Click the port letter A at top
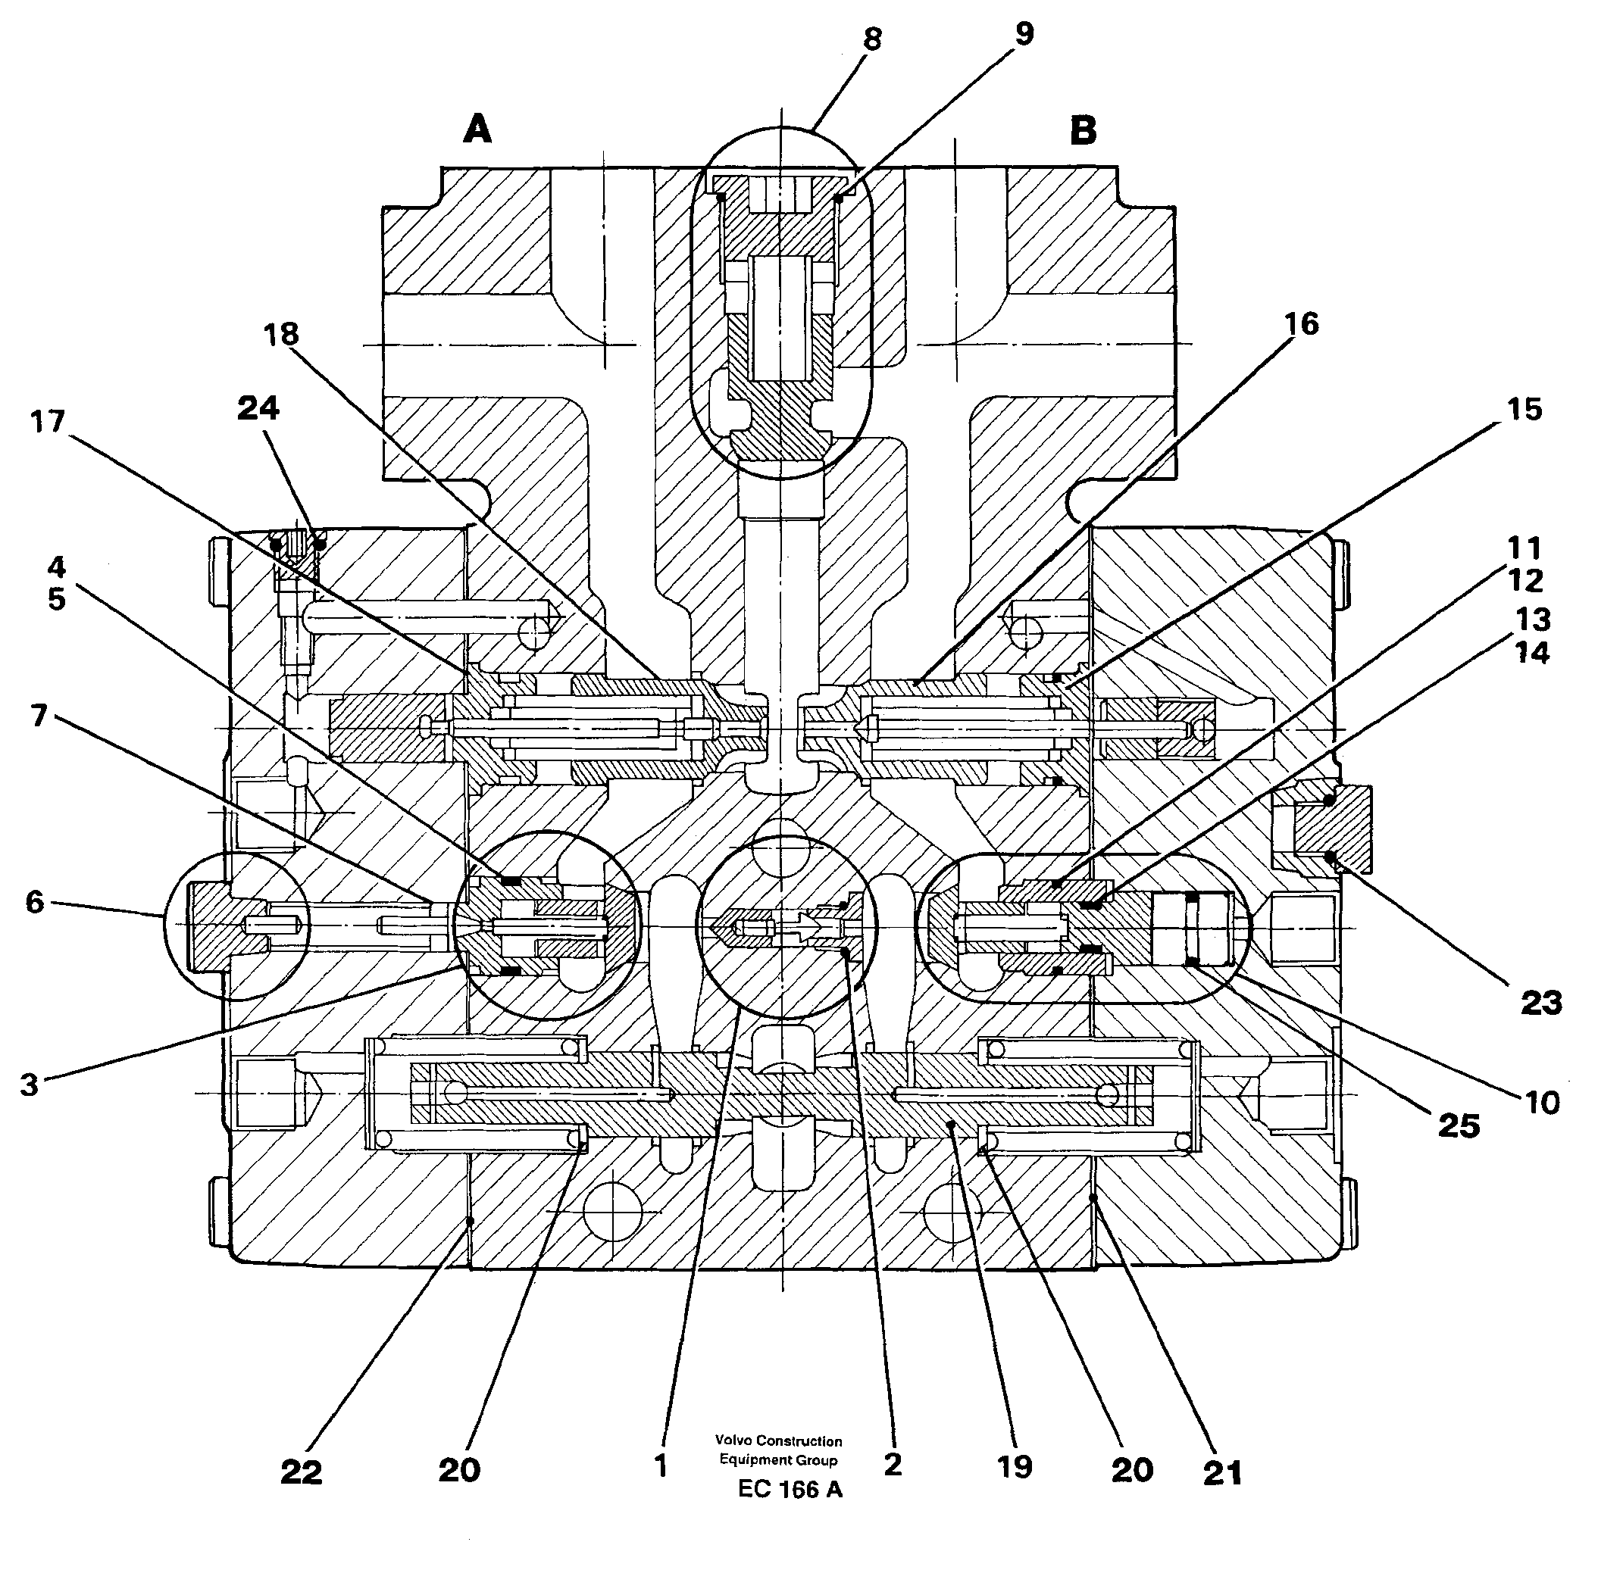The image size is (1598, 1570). coord(477,130)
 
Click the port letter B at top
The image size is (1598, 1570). coord(1084,130)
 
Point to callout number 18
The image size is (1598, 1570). coord(281,334)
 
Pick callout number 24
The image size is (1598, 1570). coord(258,407)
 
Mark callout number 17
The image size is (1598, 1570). coord(47,421)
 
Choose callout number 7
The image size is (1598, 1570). coord(39,715)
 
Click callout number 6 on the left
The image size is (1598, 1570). coord(34,902)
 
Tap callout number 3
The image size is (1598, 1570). coord(29,1085)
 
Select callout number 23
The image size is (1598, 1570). coord(1541,1003)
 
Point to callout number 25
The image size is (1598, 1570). coord(1459,1125)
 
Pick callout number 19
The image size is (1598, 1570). coord(1015,1467)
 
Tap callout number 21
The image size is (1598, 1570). coord(1223,1473)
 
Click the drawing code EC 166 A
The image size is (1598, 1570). coord(790,1490)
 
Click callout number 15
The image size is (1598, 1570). coord(1524,410)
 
